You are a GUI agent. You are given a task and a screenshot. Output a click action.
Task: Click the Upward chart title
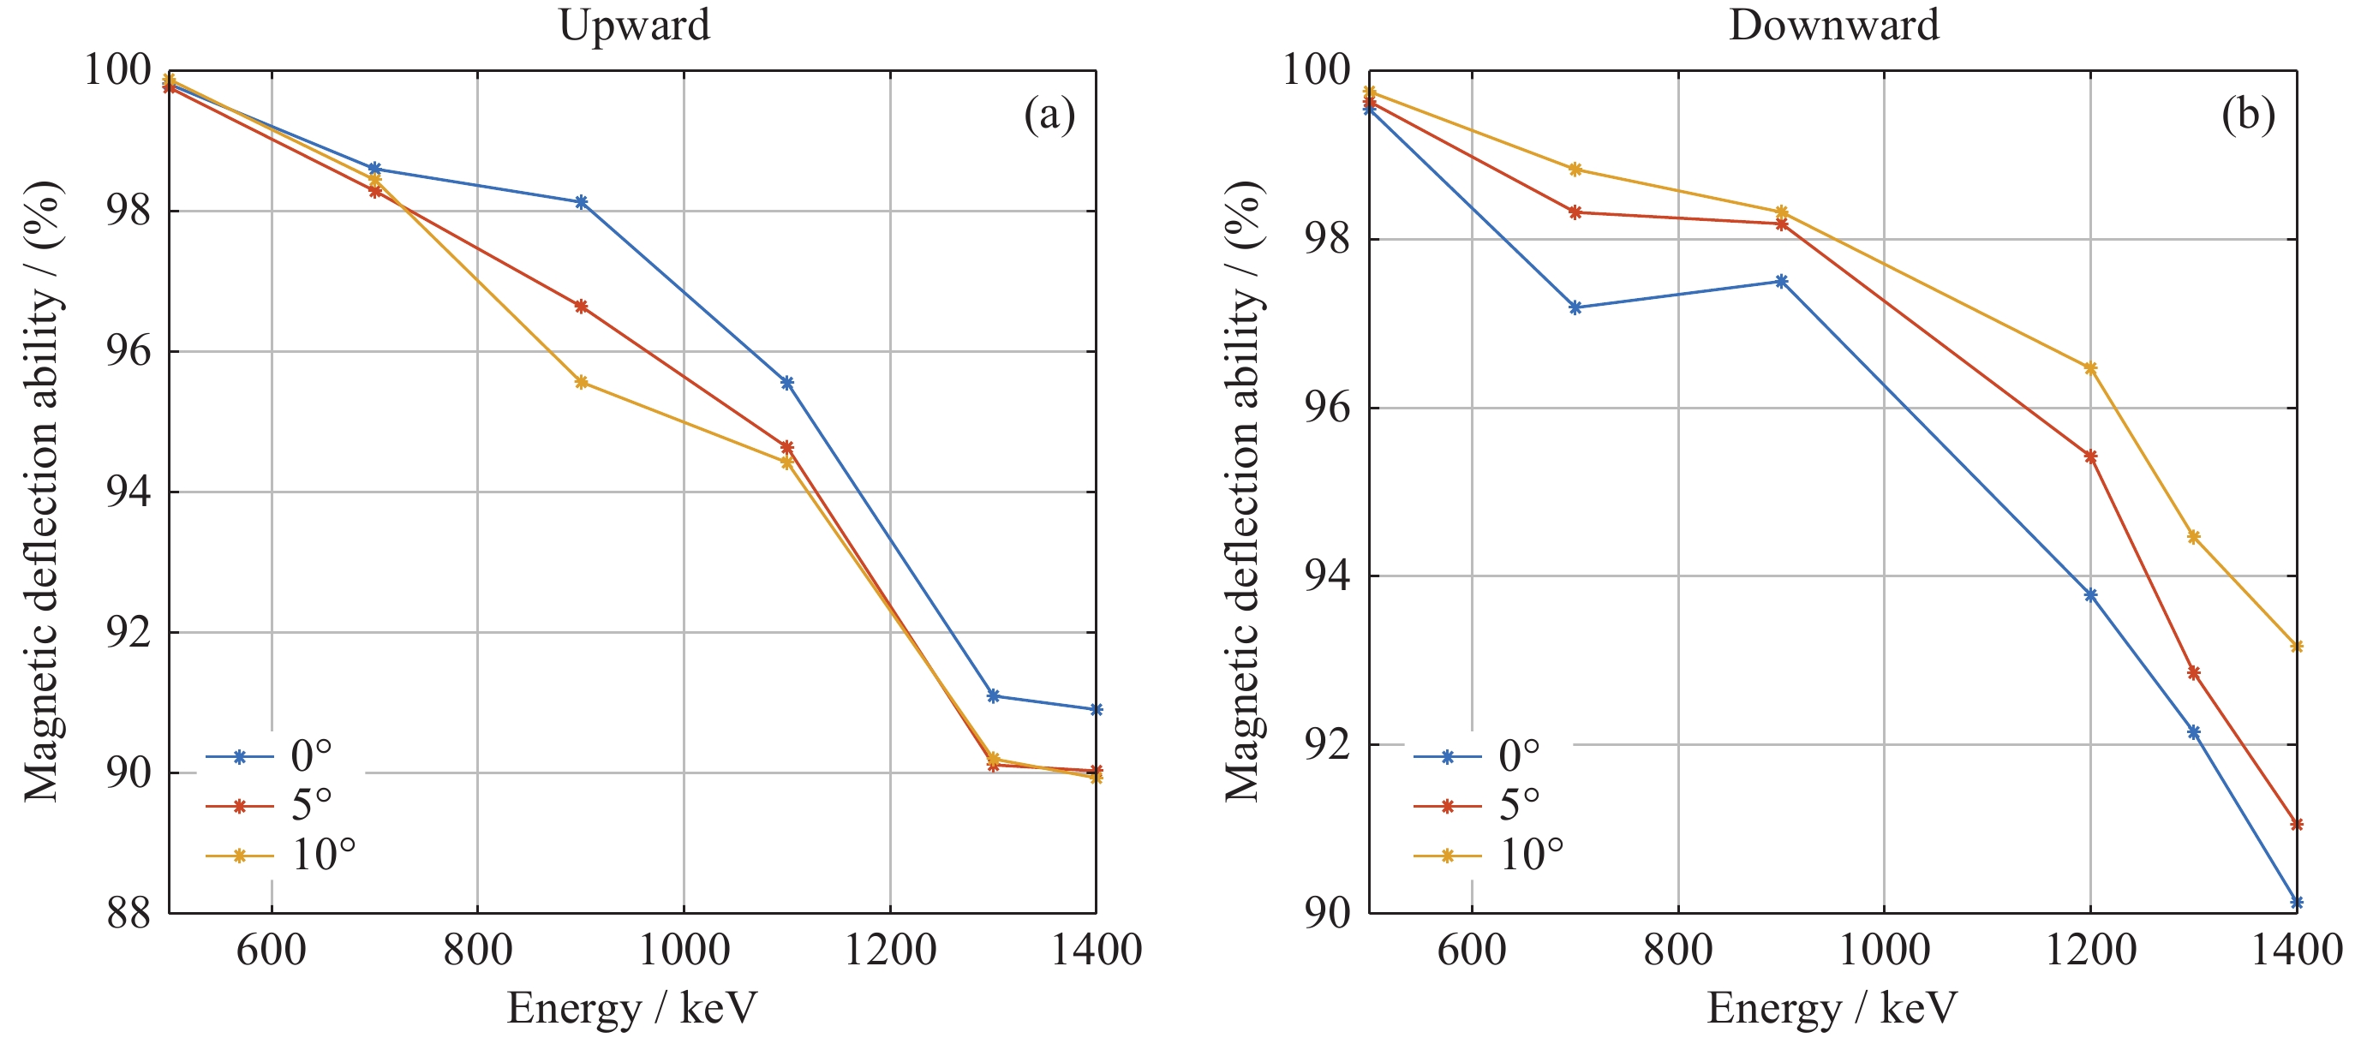pyautogui.click(x=634, y=25)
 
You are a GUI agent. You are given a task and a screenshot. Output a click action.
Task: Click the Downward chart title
pyautogui.click(x=1834, y=25)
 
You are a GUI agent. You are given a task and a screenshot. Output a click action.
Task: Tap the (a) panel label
pyautogui.click(x=1049, y=115)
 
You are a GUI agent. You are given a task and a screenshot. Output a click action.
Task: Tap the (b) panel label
pyautogui.click(x=2248, y=115)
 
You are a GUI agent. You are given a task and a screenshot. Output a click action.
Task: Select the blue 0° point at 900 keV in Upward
pyautogui.click(x=581, y=201)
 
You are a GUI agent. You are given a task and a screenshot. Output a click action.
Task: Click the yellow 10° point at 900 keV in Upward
pyautogui.click(x=581, y=382)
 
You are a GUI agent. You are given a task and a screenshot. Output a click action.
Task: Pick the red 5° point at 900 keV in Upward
pyautogui.click(x=581, y=306)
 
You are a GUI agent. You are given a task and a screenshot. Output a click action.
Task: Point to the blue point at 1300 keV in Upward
pyautogui.click(x=993, y=696)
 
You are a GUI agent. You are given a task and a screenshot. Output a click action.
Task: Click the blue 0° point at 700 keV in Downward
pyautogui.click(x=1575, y=307)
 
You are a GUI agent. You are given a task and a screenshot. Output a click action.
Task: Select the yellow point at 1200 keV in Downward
pyautogui.click(x=2090, y=368)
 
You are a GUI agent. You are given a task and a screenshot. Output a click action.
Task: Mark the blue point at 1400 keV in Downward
pyautogui.click(x=2296, y=903)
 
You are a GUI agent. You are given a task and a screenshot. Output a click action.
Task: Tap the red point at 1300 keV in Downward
pyautogui.click(x=2193, y=673)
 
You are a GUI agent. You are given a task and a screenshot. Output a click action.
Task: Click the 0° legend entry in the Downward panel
pyautogui.click(x=1519, y=756)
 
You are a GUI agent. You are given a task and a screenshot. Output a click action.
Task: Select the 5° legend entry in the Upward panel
pyautogui.click(x=312, y=805)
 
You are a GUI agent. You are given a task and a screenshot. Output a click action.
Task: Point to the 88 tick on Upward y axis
pyautogui.click(x=129, y=914)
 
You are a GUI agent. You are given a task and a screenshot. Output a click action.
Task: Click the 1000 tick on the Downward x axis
pyautogui.click(x=1885, y=950)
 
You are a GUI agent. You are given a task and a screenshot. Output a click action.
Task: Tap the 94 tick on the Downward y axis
pyautogui.click(x=1326, y=576)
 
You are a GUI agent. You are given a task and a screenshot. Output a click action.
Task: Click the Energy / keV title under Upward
pyautogui.click(x=632, y=1008)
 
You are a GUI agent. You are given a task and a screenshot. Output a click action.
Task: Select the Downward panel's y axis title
pyautogui.click(x=1244, y=491)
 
